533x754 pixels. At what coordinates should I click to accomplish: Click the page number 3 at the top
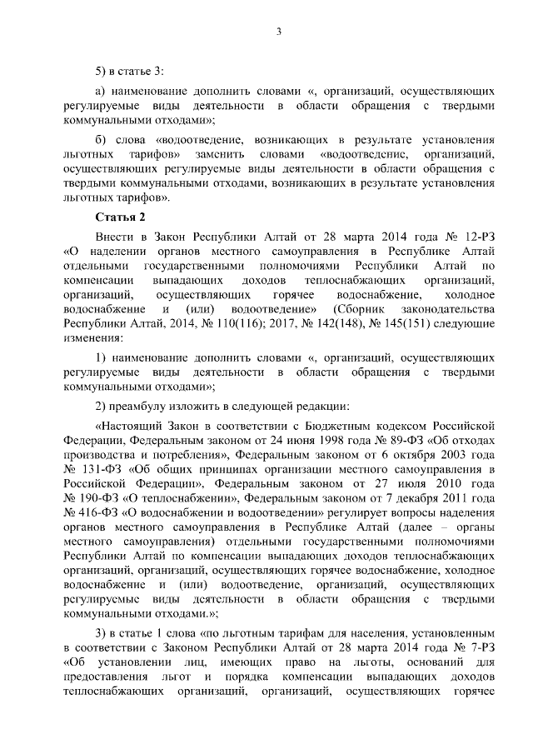click(279, 32)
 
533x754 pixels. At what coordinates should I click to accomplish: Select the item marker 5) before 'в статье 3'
click(102, 67)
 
